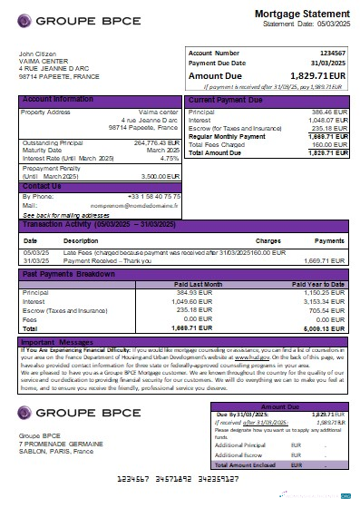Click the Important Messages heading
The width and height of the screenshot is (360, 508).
[59, 342]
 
